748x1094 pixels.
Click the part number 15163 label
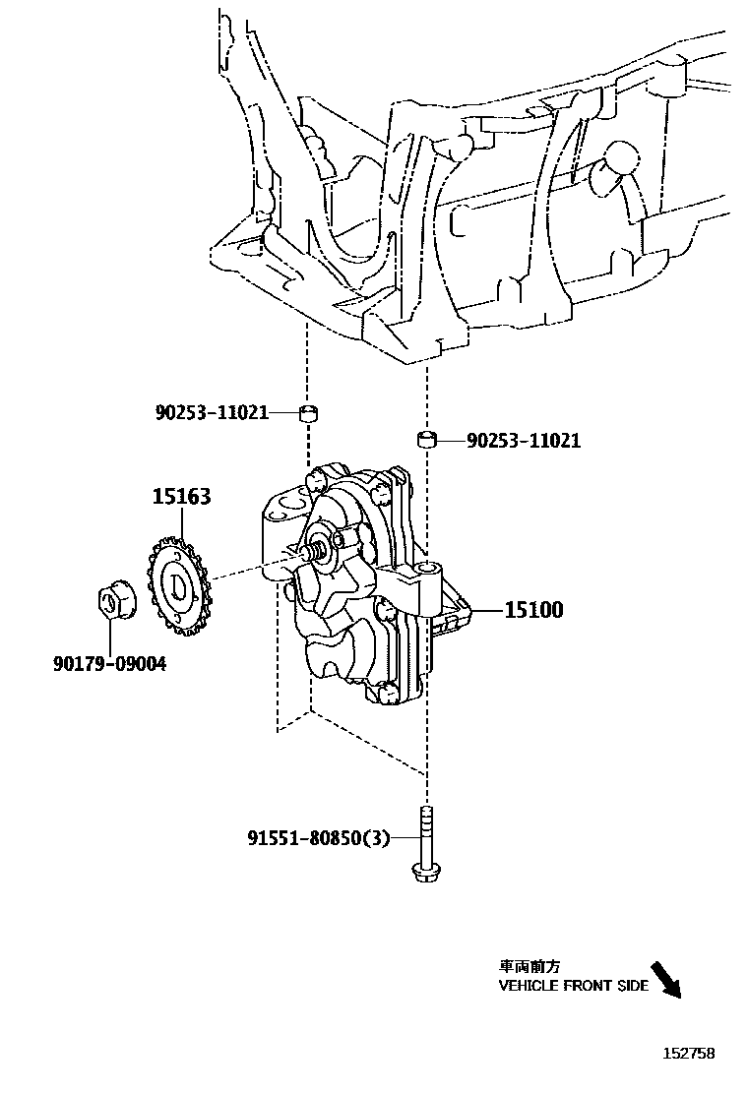click(x=181, y=497)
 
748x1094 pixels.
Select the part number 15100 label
click(x=533, y=610)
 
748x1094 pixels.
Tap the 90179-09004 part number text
click(x=109, y=664)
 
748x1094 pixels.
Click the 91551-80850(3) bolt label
click(x=319, y=838)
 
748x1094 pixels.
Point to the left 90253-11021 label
click(x=212, y=412)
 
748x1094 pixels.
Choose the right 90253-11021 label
click(x=523, y=441)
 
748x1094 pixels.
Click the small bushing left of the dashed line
click(x=308, y=411)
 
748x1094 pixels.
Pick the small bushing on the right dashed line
click(x=426, y=439)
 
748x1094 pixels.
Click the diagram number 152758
click(x=687, y=1054)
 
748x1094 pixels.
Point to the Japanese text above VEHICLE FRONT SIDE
click(x=530, y=967)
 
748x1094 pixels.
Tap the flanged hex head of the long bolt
click(x=425, y=872)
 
